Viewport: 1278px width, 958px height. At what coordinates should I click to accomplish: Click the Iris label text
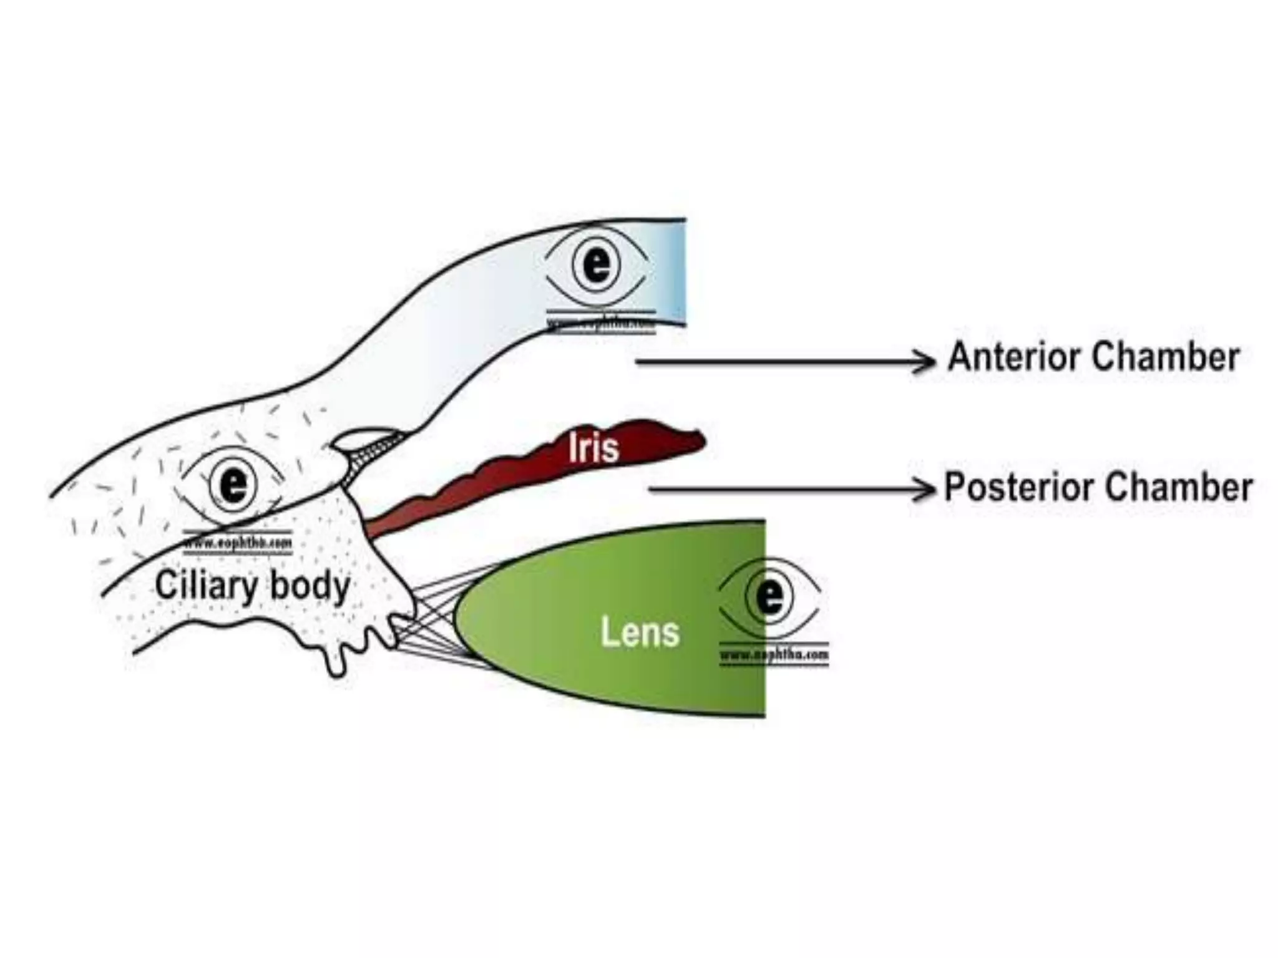593,448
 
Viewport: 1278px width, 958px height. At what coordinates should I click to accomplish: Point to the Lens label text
640,632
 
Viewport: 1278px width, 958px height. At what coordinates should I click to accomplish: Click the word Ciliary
207,586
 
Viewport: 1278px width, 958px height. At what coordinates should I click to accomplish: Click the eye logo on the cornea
597,264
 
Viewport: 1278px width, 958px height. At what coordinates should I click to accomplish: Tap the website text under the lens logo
774,655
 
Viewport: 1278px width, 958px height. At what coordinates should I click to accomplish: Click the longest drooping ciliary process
336,665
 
